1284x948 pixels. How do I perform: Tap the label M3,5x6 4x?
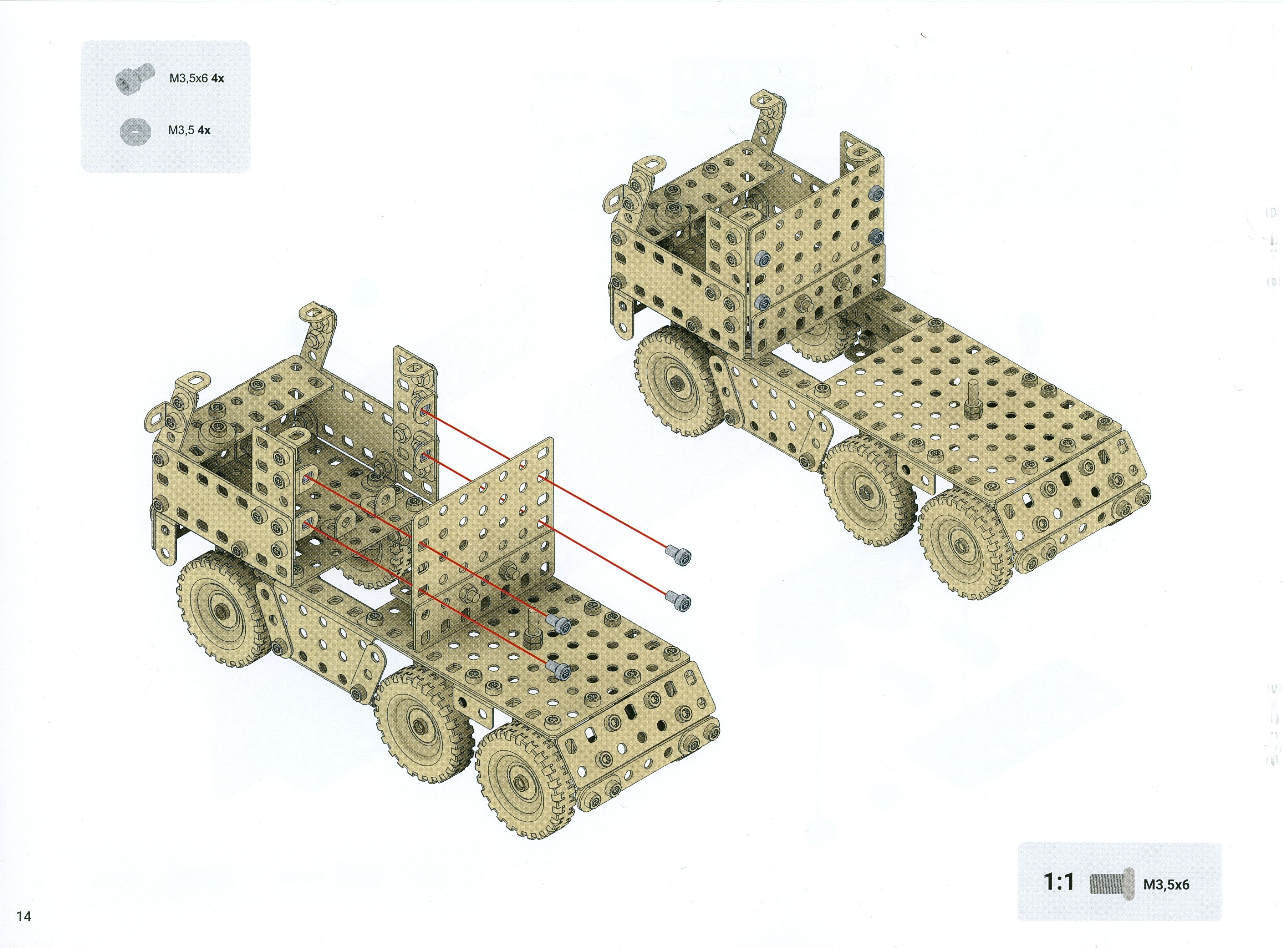(x=196, y=78)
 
